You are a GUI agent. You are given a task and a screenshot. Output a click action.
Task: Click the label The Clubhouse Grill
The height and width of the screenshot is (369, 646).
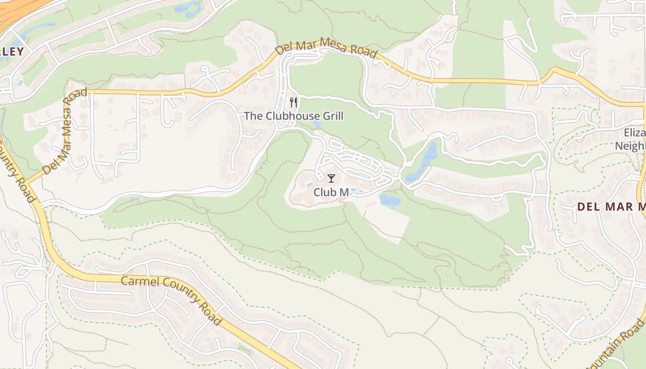point(293,116)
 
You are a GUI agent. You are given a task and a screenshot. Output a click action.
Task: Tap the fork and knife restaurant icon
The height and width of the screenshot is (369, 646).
point(293,102)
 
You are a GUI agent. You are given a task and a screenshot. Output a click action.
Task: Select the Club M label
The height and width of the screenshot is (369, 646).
point(331,192)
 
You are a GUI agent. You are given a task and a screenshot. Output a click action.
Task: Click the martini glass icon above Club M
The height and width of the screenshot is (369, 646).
point(331,178)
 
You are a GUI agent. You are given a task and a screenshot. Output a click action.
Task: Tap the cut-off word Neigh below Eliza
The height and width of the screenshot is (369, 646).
point(630,146)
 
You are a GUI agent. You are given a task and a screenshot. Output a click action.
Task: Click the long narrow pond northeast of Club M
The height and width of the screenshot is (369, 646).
point(422,161)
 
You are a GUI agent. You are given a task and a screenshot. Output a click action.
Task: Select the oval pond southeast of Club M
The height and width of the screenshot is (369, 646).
point(389,200)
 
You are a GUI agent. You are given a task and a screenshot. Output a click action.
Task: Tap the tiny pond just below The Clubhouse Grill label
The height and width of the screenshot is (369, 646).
point(317,124)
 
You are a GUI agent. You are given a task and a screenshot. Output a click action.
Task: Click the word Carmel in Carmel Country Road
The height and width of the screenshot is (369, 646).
point(138,282)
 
